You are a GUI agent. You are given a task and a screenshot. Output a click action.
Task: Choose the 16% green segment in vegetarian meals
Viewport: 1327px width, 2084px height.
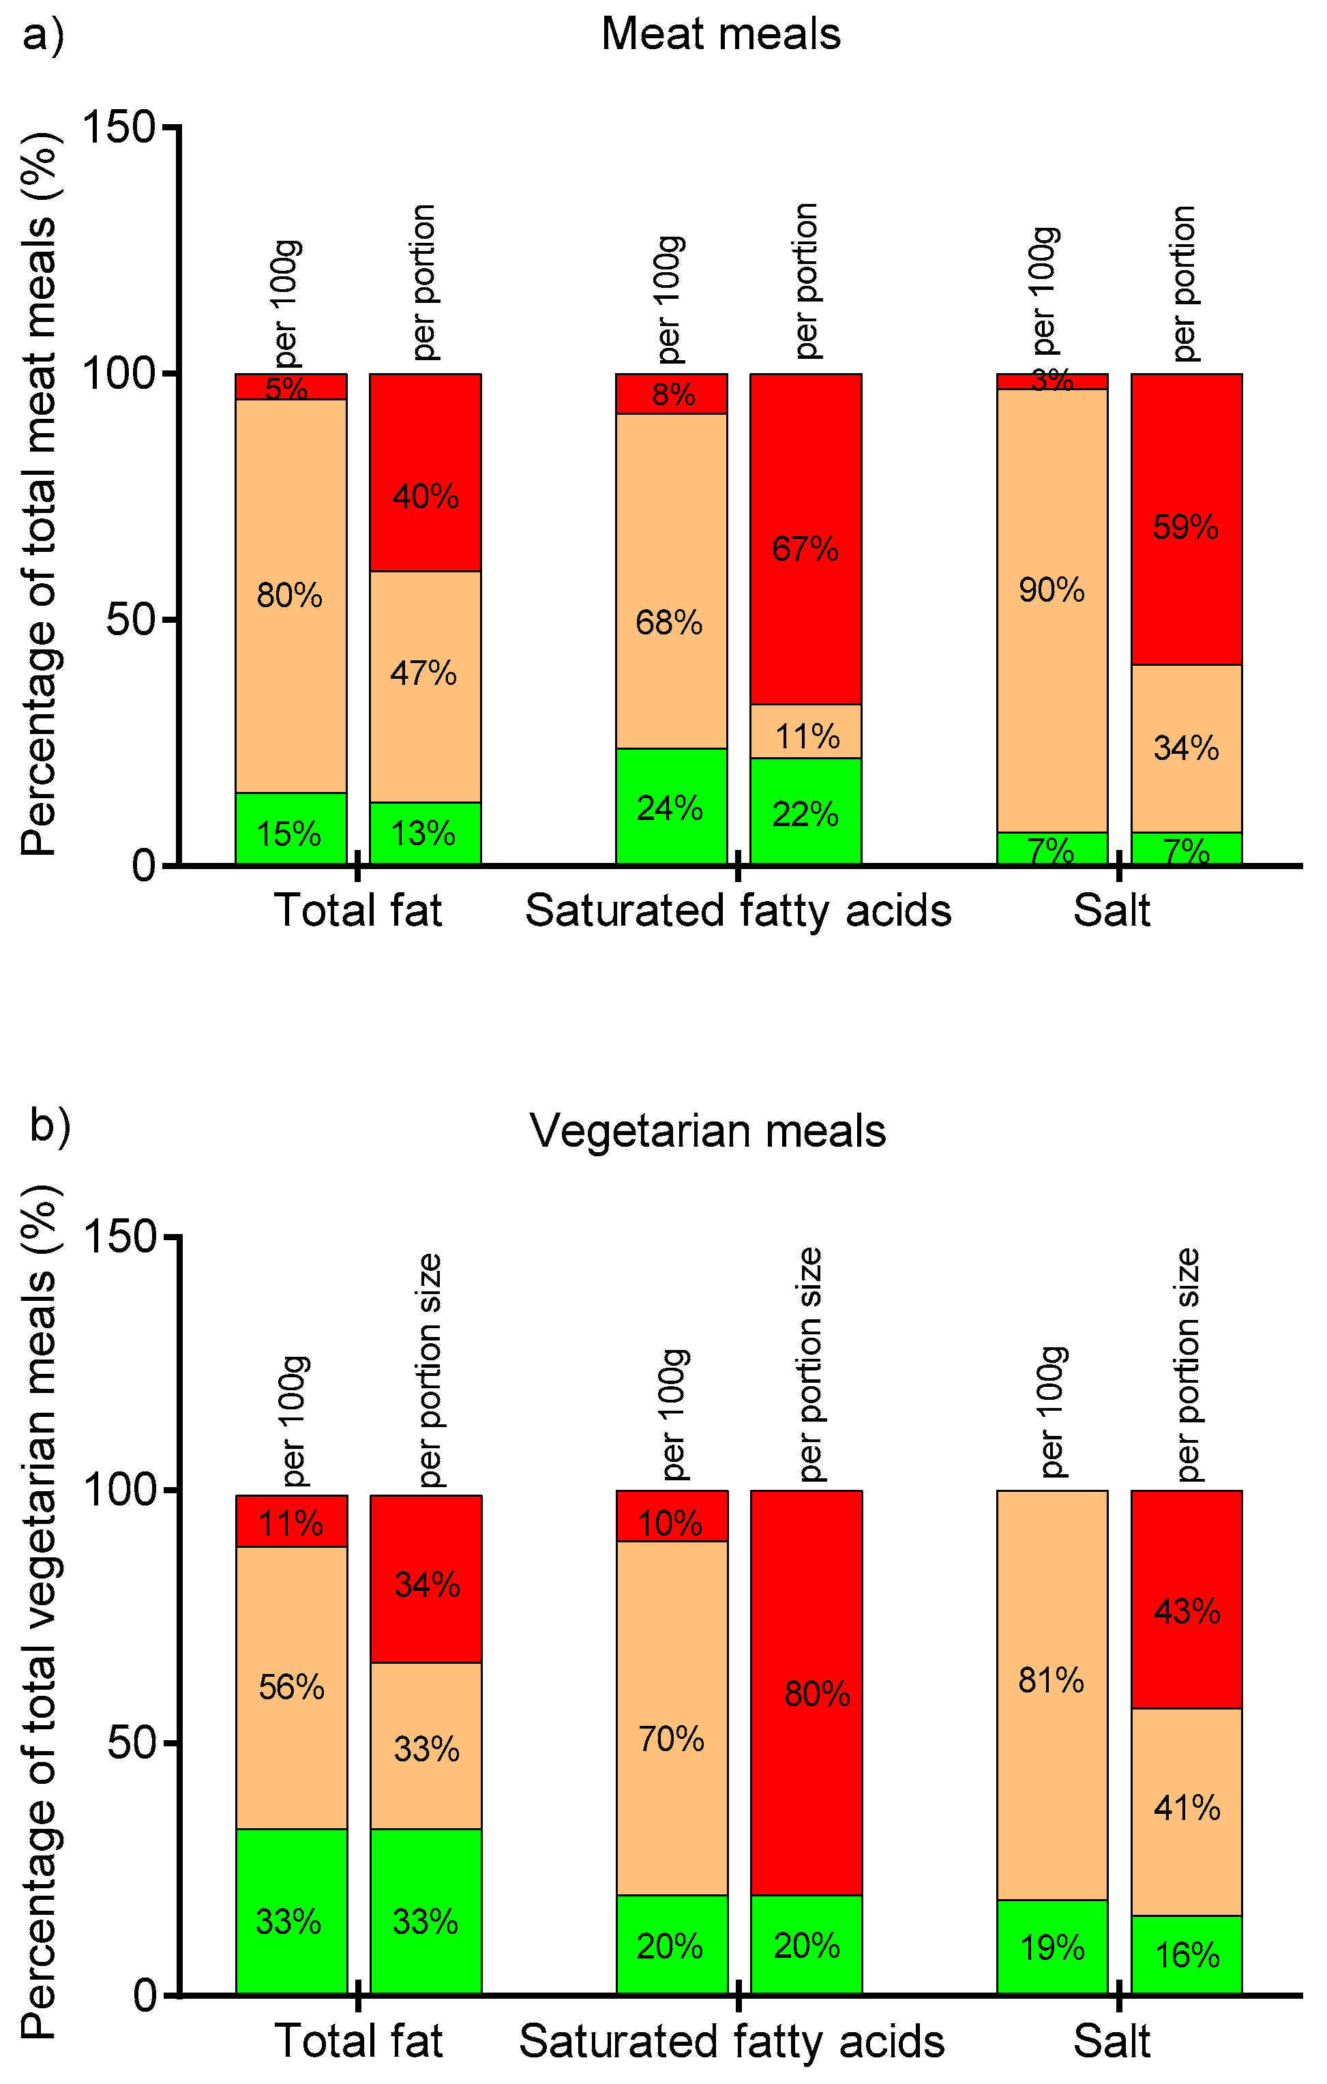[1185, 1954]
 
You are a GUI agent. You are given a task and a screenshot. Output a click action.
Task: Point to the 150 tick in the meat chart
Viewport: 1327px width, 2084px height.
[119, 127]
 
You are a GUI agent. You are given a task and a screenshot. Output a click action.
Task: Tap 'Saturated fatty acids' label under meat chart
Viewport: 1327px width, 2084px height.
[737, 911]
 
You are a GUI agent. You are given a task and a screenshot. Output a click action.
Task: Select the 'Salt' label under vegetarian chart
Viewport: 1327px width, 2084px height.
[1111, 2042]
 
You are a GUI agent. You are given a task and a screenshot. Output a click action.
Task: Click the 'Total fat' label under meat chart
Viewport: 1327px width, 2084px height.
[357, 911]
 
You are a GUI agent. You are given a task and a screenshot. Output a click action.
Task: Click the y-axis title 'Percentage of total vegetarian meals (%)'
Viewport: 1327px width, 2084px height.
[39, 1610]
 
